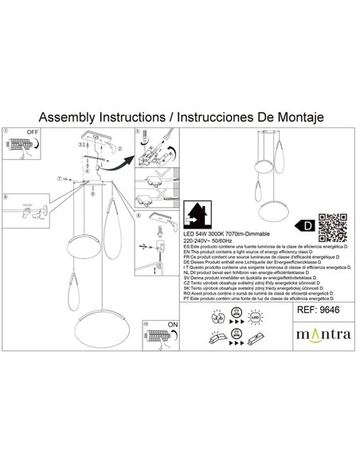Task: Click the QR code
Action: pyautogui.click(x=334, y=227)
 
